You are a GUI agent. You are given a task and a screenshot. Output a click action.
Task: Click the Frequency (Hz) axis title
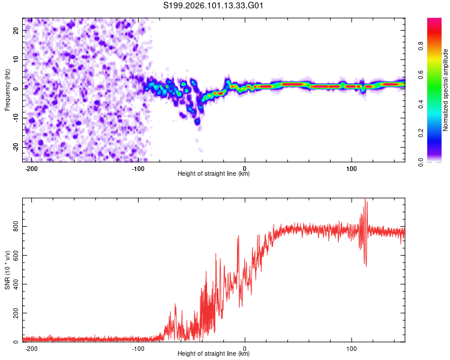tap(7, 90)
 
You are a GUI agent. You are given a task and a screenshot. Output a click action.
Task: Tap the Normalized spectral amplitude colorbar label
tap(445, 90)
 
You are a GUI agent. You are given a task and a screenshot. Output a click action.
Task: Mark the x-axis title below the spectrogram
tap(214, 174)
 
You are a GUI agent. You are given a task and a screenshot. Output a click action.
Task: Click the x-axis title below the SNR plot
tap(214, 354)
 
